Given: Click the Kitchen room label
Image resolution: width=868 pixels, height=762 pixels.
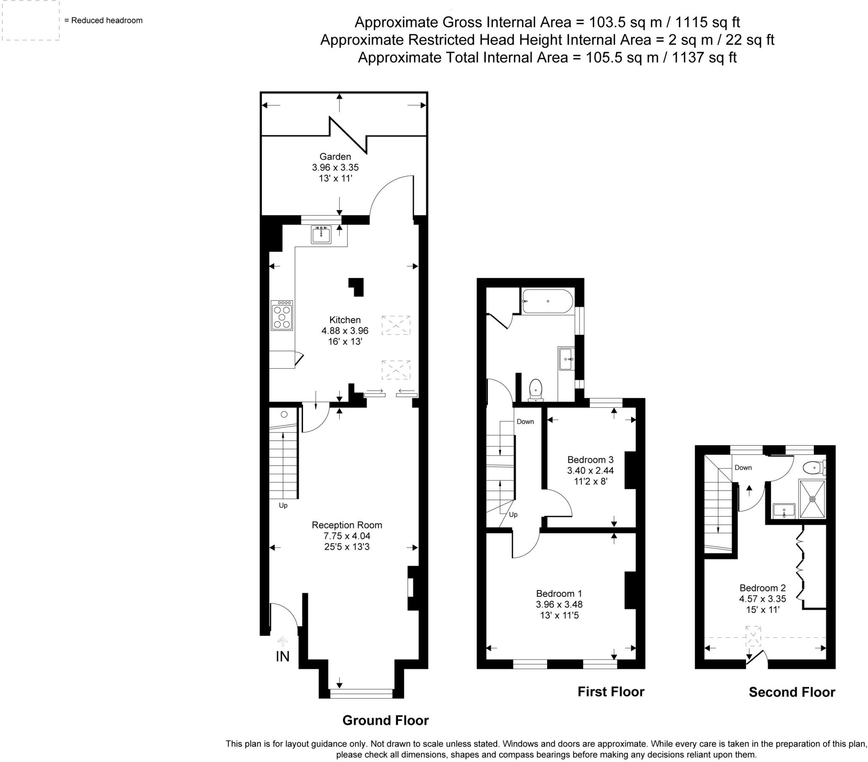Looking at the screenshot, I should pos(345,320).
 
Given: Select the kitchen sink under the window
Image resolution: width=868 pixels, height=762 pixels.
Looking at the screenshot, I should pos(321,234).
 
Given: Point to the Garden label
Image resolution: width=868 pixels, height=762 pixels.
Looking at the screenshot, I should pos(335,157).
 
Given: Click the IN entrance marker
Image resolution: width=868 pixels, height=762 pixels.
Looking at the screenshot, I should pos(282,656).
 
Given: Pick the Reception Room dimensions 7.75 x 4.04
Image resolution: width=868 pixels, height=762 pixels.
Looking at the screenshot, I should pos(347,536).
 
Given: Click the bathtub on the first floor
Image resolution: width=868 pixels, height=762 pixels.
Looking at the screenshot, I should pos(548,302).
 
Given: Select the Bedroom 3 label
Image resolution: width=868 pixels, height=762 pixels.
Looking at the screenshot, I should pos(590,460).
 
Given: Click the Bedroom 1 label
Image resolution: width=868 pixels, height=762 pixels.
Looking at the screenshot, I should pos(559,593).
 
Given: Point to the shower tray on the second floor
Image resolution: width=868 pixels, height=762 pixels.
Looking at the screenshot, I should pos(812,499).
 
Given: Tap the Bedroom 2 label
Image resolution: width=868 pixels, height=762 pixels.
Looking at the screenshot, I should pos(763,588).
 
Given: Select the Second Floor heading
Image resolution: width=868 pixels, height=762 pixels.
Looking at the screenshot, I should pos(792,693).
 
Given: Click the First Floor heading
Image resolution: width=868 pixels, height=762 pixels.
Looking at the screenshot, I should pos(611,692).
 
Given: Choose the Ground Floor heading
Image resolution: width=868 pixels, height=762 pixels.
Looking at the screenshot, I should pos(385,720).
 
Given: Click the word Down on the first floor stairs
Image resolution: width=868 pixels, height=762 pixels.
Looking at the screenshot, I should pos(525,421).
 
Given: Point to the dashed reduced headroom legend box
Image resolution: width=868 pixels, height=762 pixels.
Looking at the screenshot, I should pos(31,20).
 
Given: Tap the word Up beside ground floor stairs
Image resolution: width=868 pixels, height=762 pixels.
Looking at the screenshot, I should pos(283,506).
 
